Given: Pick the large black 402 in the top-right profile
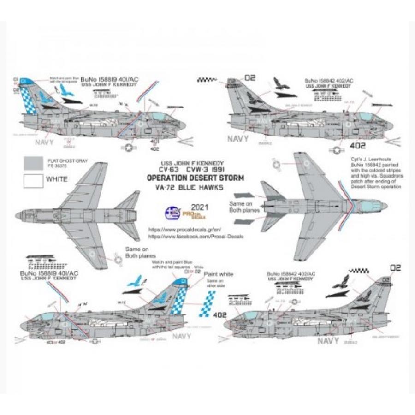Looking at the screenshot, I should [x=358, y=146].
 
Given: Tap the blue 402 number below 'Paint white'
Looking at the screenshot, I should [x=220, y=315].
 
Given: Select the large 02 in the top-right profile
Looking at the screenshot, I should [x=249, y=78].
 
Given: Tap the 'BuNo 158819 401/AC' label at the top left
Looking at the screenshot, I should [x=103, y=80].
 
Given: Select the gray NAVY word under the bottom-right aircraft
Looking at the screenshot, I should [x=328, y=341].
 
